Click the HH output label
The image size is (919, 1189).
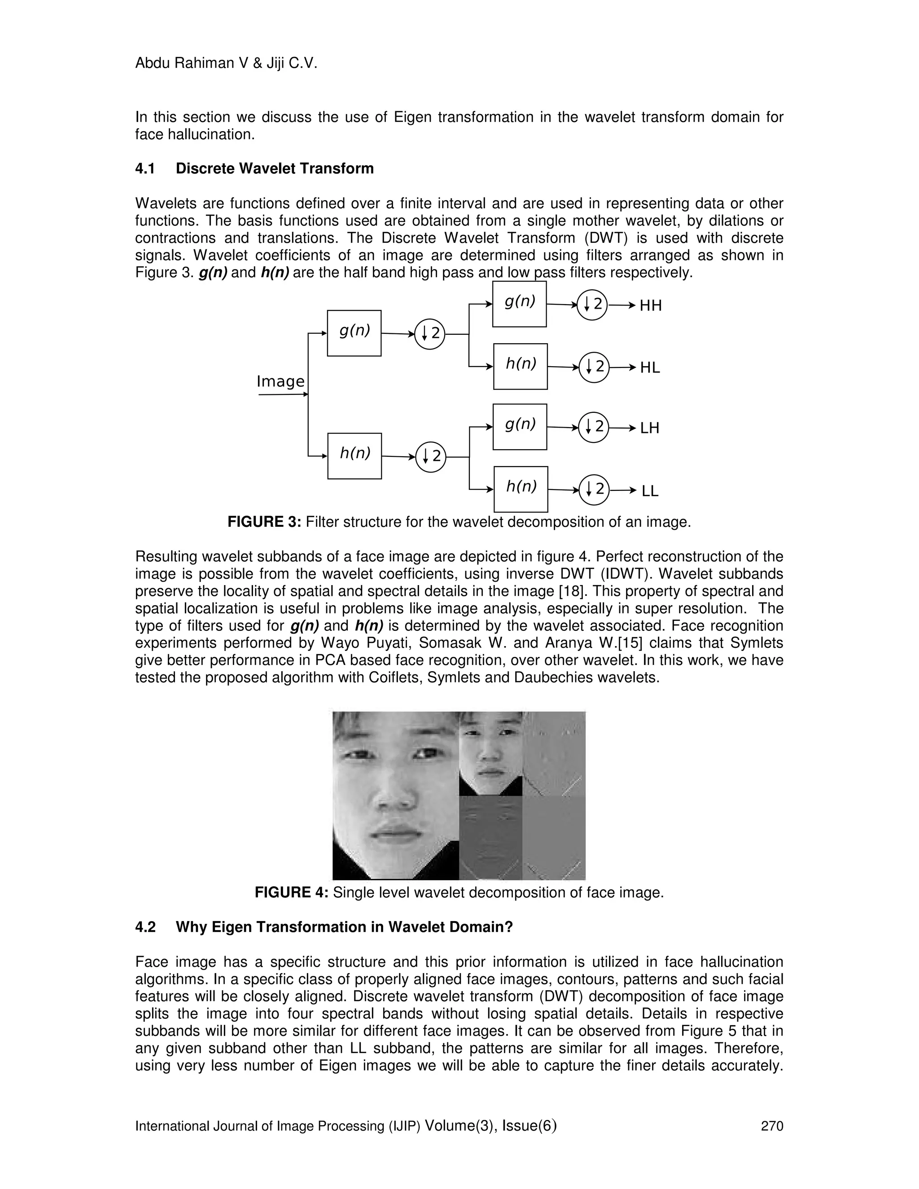pos(651,306)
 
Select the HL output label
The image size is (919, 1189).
pos(649,368)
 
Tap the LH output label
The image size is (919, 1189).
pos(649,428)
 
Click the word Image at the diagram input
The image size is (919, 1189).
pos(280,381)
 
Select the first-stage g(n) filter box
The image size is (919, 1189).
pos(354,333)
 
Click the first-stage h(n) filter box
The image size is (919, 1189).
pos(354,456)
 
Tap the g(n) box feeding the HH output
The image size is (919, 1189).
pos(519,304)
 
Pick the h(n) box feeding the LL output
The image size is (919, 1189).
pos(521,489)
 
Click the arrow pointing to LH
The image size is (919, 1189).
pos(623,428)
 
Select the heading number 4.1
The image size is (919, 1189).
pos(145,169)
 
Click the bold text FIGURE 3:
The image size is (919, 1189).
pos(264,522)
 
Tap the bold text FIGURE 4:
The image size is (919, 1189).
pos(291,893)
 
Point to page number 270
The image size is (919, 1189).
pos(771,1126)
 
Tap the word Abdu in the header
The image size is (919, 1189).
pos(152,64)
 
